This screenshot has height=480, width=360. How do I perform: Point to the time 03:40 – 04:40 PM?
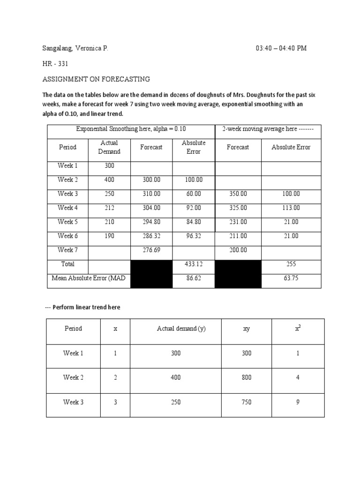pos(281,48)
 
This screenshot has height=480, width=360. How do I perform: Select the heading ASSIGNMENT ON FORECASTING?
pos(97,79)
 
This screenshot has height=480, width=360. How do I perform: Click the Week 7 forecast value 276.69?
pos(151,250)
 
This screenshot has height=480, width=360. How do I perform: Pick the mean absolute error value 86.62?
pos(193,278)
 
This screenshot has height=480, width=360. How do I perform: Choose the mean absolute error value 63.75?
pos(291,278)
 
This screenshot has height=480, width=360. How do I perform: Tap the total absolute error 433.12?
pos(193,264)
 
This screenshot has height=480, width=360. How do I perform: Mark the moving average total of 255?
pos(291,264)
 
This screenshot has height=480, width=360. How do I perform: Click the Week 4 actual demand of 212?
pos(109,208)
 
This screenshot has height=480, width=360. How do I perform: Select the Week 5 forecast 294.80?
pos(151,222)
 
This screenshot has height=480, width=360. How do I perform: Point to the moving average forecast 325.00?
pos(238,208)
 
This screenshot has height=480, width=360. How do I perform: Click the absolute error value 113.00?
pos(291,208)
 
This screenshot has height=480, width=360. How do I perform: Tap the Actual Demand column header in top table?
pos(109,147)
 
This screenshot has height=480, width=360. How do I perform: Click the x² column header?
pos(298,329)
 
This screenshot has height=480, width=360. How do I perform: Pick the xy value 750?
pos(247,402)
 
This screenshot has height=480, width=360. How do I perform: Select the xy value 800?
pos(247,377)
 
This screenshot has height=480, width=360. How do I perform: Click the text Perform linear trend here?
pos(86,307)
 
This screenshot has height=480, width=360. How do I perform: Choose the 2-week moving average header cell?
pos(268,129)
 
